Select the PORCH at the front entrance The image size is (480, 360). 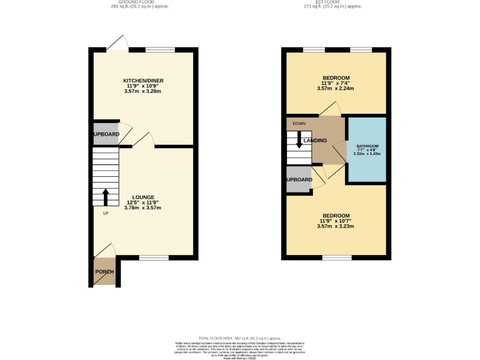(104, 272)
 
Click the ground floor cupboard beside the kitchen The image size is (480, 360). (106, 134)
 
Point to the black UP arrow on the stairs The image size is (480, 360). (105, 197)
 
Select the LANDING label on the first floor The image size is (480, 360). (315, 141)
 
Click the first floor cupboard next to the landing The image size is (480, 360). (299, 180)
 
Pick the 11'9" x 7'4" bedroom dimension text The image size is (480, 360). (336, 83)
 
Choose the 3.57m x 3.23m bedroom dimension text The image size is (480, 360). (336, 226)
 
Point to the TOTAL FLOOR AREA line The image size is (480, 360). (239, 337)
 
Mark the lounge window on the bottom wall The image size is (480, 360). (154, 257)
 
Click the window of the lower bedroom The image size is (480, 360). (337, 257)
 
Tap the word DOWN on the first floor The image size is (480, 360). (299, 124)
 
